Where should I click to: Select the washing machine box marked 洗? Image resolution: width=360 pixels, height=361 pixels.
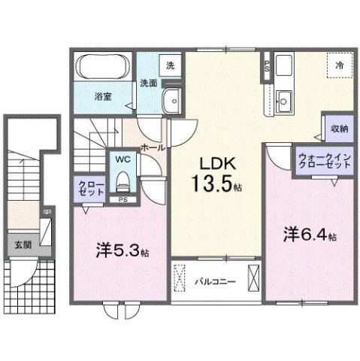click(x=170, y=65)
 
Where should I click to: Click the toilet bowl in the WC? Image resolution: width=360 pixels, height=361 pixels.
click(x=122, y=181)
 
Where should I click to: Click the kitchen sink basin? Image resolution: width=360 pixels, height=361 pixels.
click(x=284, y=99)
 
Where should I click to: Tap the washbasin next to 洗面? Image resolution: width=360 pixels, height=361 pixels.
click(x=173, y=99)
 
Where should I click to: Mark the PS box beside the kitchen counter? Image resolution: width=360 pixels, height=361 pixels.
click(x=266, y=66)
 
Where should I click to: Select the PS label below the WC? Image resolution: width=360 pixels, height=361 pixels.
click(x=123, y=199)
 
